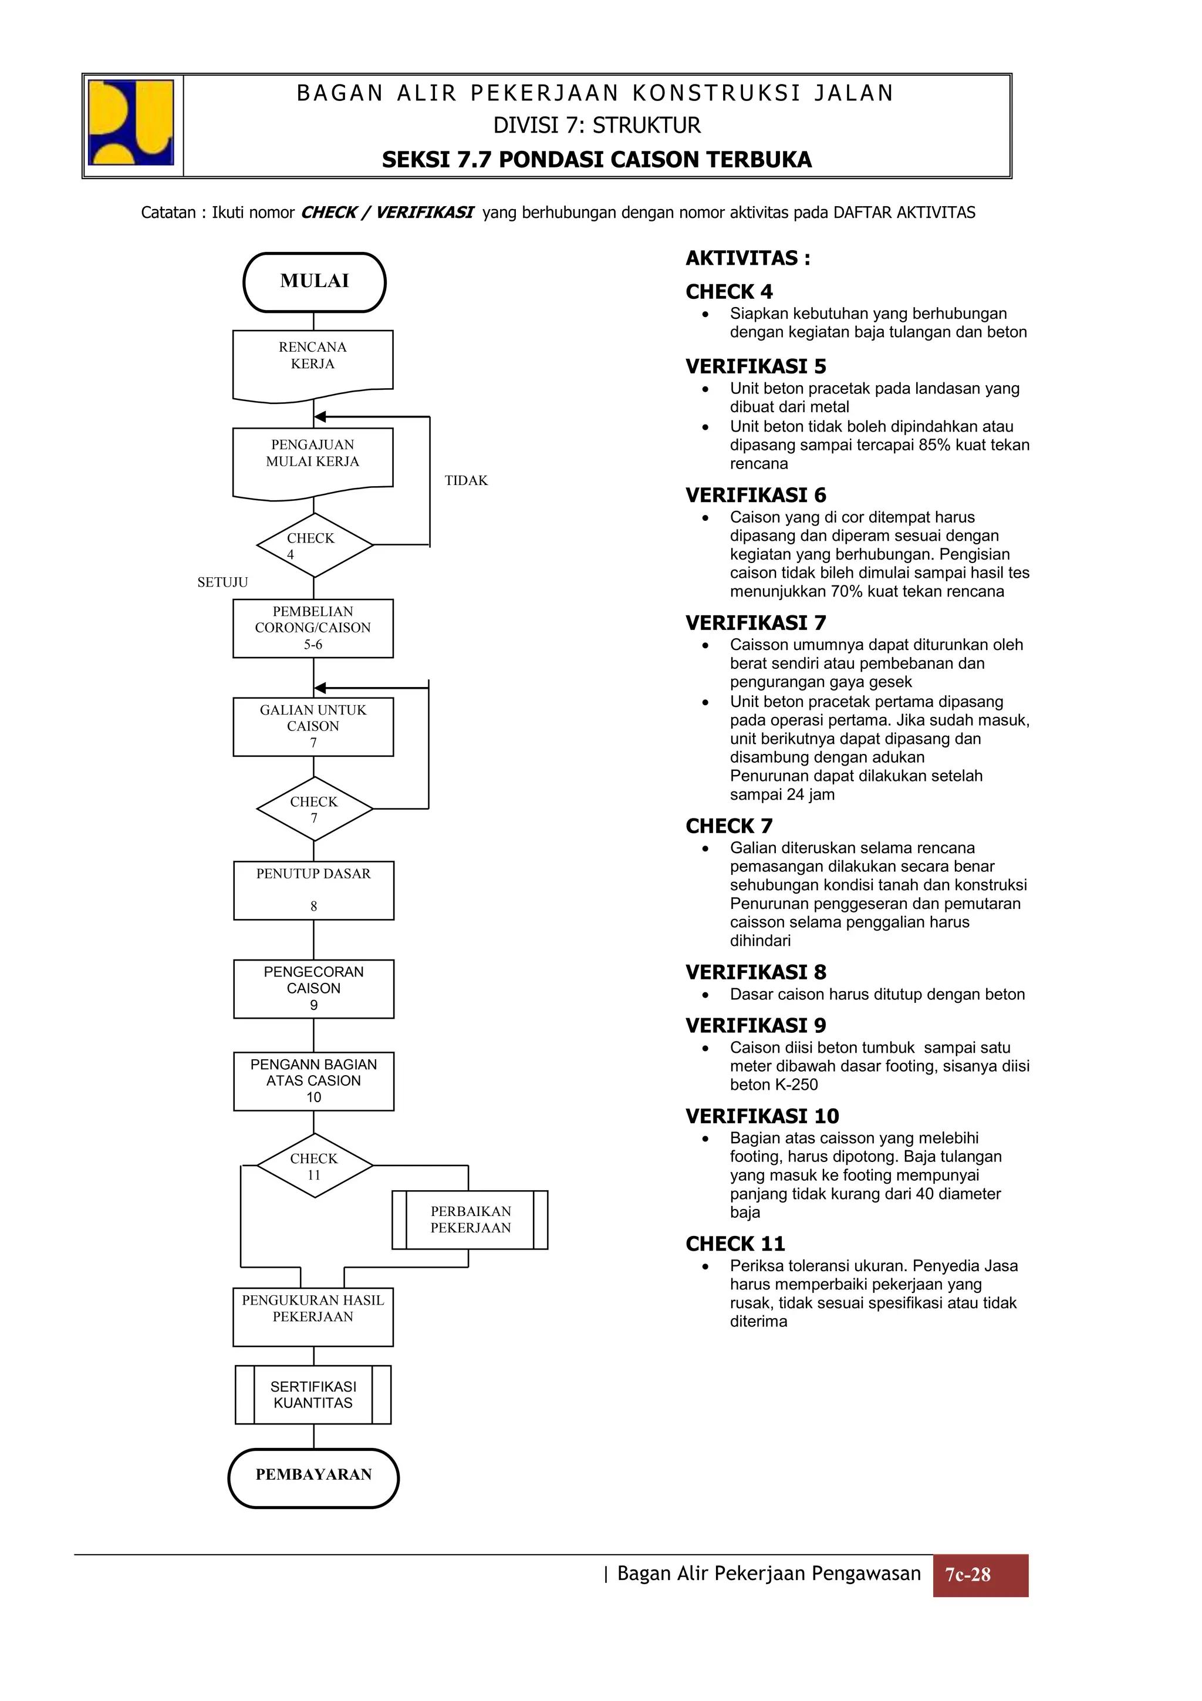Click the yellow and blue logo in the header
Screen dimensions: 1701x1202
click(x=131, y=122)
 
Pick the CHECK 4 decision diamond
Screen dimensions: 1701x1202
click(x=314, y=545)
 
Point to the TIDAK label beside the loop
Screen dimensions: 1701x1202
click(x=466, y=481)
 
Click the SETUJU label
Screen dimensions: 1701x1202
click(x=222, y=582)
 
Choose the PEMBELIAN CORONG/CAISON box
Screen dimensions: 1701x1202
click(x=313, y=628)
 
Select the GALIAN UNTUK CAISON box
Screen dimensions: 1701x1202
click(x=313, y=726)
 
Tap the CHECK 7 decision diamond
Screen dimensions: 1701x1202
click(x=314, y=809)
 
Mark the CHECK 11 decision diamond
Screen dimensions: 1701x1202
click(x=314, y=1166)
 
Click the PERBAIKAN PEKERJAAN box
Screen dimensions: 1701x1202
click(x=470, y=1220)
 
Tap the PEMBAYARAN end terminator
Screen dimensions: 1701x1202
click(x=313, y=1474)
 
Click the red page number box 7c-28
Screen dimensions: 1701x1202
click(x=979, y=1575)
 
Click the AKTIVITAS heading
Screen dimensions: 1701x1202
click(x=747, y=258)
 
